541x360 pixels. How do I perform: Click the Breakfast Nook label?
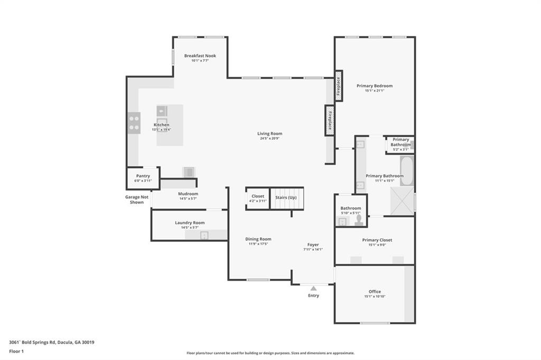(x=200, y=56)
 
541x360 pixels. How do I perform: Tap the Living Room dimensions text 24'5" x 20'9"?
(x=269, y=139)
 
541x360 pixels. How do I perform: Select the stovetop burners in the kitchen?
(x=134, y=123)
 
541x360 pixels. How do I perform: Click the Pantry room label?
(x=143, y=176)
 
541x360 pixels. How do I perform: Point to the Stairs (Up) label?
(x=286, y=197)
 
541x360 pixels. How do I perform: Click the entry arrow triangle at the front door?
(x=313, y=288)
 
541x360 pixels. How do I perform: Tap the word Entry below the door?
(x=313, y=296)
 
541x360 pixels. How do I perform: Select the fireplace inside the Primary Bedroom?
(x=339, y=86)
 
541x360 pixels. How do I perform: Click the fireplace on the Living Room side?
(x=330, y=120)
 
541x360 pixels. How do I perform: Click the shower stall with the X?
(x=403, y=201)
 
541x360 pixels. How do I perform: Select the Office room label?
(x=375, y=291)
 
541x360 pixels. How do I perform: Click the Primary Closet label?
(x=377, y=240)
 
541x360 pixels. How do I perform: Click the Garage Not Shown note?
(x=137, y=200)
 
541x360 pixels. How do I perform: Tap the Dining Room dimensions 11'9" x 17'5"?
(x=258, y=244)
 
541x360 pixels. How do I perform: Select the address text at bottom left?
(x=52, y=342)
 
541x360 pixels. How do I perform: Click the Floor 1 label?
(x=17, y=351)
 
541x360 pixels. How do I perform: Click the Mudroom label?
(x=188, y=194)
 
